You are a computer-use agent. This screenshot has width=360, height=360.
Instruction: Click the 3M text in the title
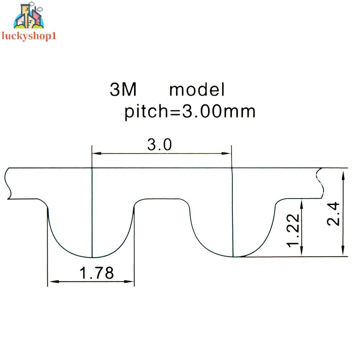point(123,90)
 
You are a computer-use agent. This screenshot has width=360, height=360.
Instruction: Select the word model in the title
point(197,90)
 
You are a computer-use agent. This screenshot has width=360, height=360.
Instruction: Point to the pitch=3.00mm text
point(190,112)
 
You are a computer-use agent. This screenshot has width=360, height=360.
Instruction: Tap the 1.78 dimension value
point(96,274)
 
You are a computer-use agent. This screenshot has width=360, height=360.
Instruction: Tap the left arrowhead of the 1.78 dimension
point(53,281)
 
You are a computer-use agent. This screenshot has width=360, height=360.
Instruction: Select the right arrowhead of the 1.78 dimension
point(130,281)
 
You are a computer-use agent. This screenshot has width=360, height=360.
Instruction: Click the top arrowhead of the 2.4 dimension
point(344,175)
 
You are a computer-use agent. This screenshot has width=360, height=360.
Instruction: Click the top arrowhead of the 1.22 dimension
point(302,204)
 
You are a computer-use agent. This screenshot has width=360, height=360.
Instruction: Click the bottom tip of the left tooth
point(92,258)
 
